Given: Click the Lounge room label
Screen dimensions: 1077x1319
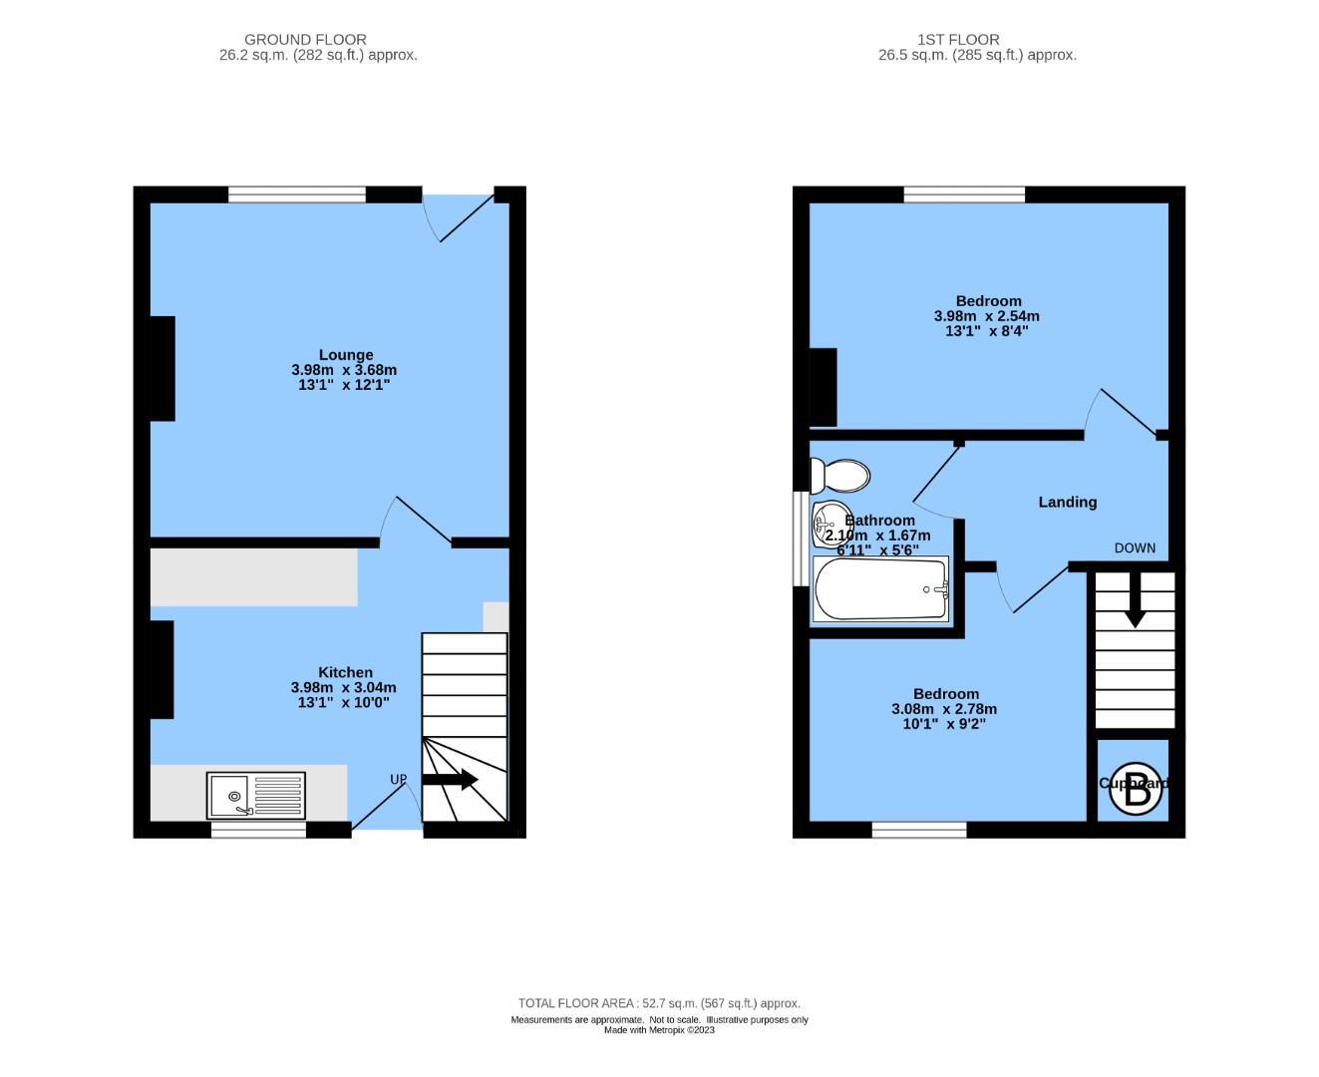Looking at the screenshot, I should click(x=346, y=355).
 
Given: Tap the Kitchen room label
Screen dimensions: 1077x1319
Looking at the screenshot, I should click(x=345, y=673).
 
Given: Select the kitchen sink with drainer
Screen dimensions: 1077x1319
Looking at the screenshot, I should click(x=256, y=796).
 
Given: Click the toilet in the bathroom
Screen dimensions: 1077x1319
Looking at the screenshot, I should click(x=840, y=476).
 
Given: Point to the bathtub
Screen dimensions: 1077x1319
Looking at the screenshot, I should click(x=880, y=589).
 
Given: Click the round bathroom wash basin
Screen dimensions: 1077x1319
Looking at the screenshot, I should click(x=827, y=524).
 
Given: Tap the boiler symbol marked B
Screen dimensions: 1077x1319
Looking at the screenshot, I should click(x=1136, y=789).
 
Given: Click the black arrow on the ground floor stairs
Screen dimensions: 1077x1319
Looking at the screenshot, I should click(x=450, y=780).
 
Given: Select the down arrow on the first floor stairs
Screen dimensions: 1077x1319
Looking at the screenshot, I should click(x=1135, y=608).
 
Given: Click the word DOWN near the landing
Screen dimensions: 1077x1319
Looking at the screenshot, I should click(x=1135, y=547).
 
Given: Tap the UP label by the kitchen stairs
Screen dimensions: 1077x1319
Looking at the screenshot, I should click(x=398, y=780).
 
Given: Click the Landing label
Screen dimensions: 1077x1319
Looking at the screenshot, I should click(x=1067, y=503).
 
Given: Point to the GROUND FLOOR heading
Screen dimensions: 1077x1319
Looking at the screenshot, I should click(x=305, y=40).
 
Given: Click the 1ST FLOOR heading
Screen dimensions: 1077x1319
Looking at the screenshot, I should click(x=958, y=40).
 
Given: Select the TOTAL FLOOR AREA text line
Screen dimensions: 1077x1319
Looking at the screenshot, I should click(x=659, y=1003).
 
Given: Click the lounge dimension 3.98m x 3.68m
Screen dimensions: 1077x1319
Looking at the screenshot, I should click(x=344, y=370).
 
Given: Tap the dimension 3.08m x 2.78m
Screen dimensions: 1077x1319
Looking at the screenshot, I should click(x=944, y=709).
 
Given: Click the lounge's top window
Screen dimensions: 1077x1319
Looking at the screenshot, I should click(x=297, y=195).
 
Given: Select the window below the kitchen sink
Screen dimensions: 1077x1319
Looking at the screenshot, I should click(x=257, y=829).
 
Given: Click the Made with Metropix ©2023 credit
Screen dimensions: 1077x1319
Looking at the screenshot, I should click(x=659, y=1030).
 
